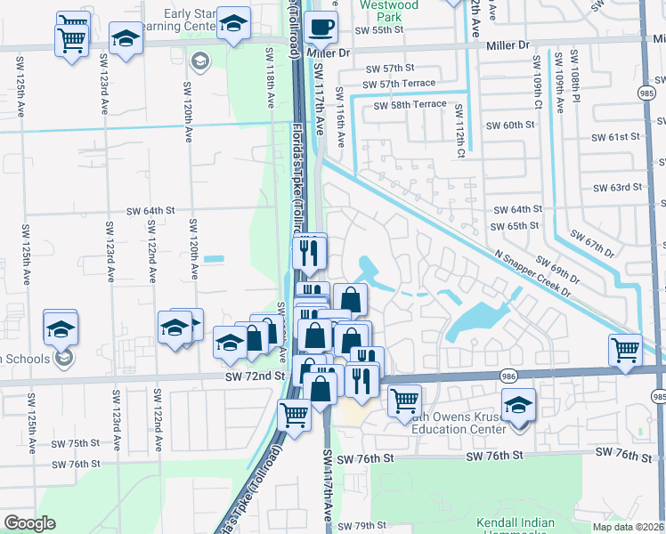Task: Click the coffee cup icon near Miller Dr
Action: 321,27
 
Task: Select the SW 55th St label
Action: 378,29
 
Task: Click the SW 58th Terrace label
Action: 410,104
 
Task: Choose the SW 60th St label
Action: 505,125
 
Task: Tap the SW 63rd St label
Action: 617,187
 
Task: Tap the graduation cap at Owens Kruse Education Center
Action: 518,405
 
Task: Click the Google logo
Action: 29,523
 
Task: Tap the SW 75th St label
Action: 76,443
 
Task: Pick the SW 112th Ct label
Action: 459,125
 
